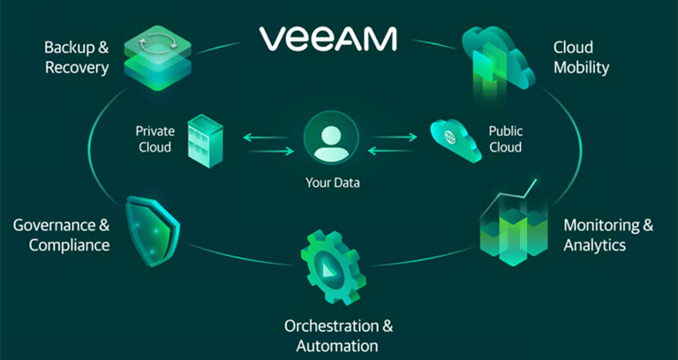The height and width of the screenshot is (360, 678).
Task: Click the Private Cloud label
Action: pyautogui.click(x=154, y=139)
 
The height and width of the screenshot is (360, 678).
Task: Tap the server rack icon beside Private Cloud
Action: pyautogui.click(x=205, y=140)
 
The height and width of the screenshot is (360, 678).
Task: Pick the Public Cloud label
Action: pyautogui.click(x=505, y=139)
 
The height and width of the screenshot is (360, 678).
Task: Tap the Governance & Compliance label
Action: pyautogui.click(x=62, y=235)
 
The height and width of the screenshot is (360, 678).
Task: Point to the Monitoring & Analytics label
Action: pyautogui.click(x=608, y=234)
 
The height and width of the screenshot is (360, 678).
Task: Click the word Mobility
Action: pyautogui.click(x=581, y=66)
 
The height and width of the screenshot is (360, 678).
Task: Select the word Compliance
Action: pyautogui.click(x=70, y=244)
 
